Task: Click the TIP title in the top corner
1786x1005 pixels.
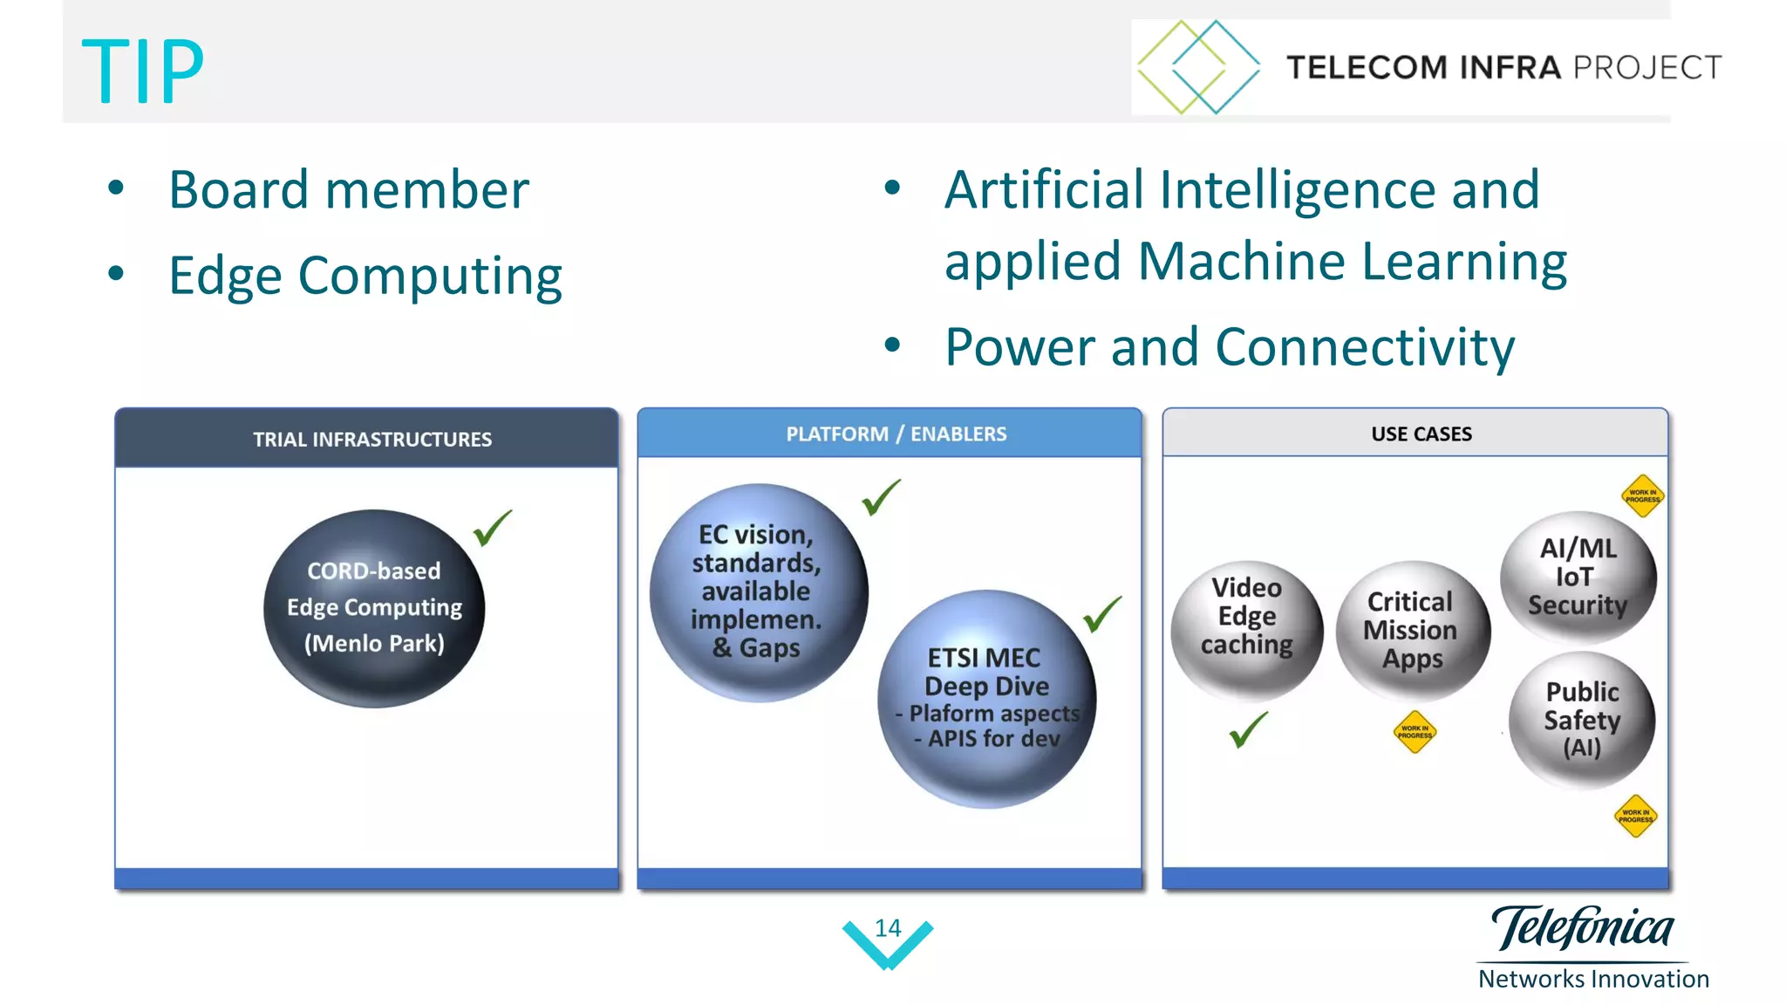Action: click(x=142, y=72)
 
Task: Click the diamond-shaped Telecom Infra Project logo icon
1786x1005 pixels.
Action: click(x=1198, y=67)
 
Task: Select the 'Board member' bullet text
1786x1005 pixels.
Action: click(x=348, y=190)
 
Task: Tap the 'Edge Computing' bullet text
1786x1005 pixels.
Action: click(x=365, y=276)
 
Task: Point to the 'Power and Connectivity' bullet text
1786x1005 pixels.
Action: click(x=1229, y=347)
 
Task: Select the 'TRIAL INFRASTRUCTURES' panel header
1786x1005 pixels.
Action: click(x=372, y=439)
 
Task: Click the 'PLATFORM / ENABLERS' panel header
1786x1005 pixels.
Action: click(x=896, y=434)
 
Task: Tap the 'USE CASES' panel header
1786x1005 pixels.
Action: click(x=1421, y=434)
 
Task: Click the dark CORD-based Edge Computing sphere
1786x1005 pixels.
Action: click(x=374, y=608)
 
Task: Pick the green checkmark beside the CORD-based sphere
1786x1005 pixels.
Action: click(x=493, y=528)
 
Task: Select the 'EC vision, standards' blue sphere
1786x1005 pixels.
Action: click(x=758, y=591)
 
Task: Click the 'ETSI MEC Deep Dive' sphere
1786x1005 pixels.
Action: click(x=986, y=698)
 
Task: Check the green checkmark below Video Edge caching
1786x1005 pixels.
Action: click(x=1248, y=729)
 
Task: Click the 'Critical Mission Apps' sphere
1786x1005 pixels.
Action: click(x=1411, y=630)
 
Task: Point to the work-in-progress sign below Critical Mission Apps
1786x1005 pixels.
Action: click(x=1414, y=732)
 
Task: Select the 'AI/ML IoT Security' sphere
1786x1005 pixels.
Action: click(x=1577, y=577)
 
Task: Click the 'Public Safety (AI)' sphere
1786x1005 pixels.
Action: click(x=1581, y=720)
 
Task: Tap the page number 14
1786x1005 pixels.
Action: click(x=888, y=928)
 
